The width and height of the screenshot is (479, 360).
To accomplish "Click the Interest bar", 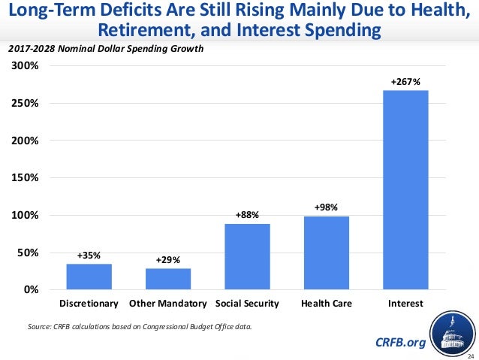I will [405, 190].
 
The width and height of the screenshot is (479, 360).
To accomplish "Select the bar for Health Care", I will [327, 253].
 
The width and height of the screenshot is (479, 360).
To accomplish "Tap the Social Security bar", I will [247, 256].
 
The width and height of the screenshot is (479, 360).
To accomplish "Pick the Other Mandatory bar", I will [168, 278].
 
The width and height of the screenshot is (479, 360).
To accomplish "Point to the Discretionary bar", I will [89, 277].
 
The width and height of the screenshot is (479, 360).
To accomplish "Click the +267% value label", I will [405, 80].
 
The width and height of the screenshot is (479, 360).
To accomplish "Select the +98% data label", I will [326, 206].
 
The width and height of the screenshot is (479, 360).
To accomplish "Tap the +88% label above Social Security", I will [247, 214].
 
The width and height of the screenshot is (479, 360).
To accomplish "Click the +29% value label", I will [167, 259].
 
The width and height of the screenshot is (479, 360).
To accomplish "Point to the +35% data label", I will [89, 255].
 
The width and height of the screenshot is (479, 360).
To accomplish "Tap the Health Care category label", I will [326, 304].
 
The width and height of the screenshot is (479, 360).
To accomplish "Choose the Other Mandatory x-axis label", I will [167, 304].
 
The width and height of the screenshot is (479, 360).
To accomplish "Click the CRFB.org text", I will [399, 343].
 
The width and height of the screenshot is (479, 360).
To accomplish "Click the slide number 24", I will [471, 355].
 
